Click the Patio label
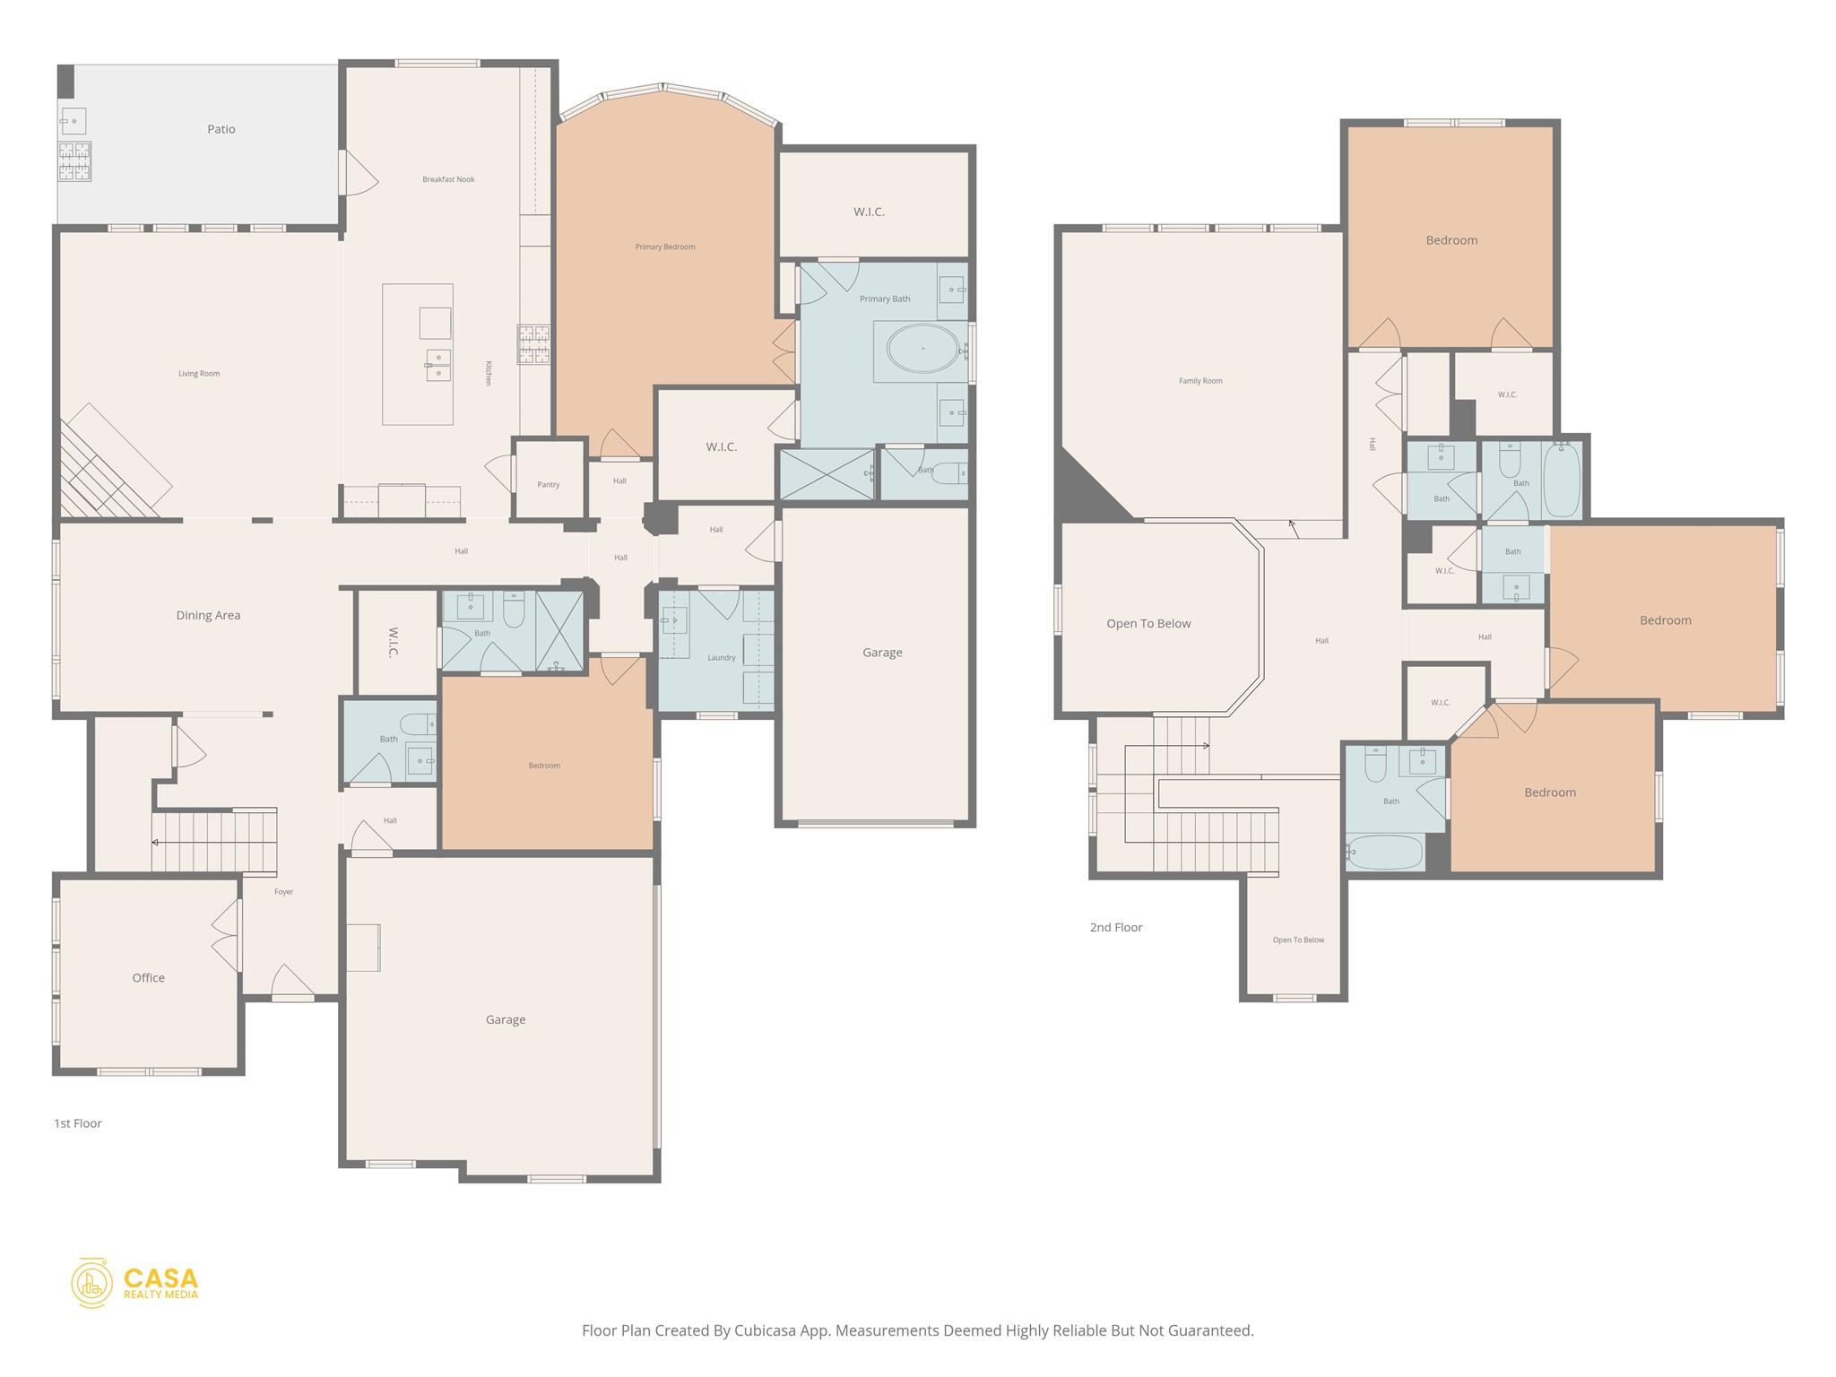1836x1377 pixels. [x=221, y=129]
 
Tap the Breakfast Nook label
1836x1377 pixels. [x=448, y=179]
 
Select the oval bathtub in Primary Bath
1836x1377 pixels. [x=922, y=348]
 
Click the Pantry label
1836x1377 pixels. [x=548, y=485]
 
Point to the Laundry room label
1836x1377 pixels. [x=721, y=658]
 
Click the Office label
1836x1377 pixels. [x=149, y=978]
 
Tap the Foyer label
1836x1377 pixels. [x=283, y=892]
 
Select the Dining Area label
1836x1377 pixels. [x=208, y=616]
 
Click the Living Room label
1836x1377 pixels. [x=199, y=374]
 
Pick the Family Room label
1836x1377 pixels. [x=1200, y=381]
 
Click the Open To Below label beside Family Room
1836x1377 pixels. [x=1148, y=624]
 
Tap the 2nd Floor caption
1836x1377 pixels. [x=1116, y=928]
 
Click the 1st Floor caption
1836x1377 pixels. [x=78, y=1123]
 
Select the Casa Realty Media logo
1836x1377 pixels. [x=134, y=1283]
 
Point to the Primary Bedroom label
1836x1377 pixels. [x=665, y=247]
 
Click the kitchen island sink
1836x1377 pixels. [x=437, y=365]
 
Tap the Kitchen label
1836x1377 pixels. [x=489, y=373]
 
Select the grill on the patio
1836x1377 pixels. [x=74, y=161]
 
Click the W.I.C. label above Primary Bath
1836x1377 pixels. [x=869, y=212]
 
